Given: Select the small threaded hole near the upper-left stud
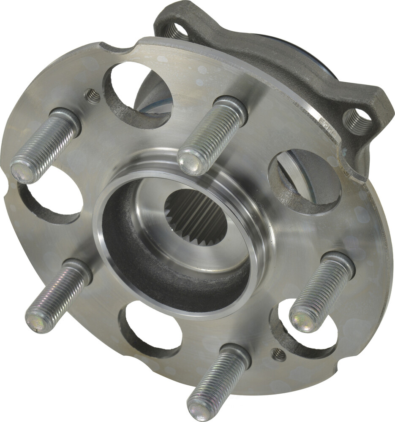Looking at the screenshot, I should [x=93, y=97].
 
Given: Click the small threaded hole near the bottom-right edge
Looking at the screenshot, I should [x=278, y=354].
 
